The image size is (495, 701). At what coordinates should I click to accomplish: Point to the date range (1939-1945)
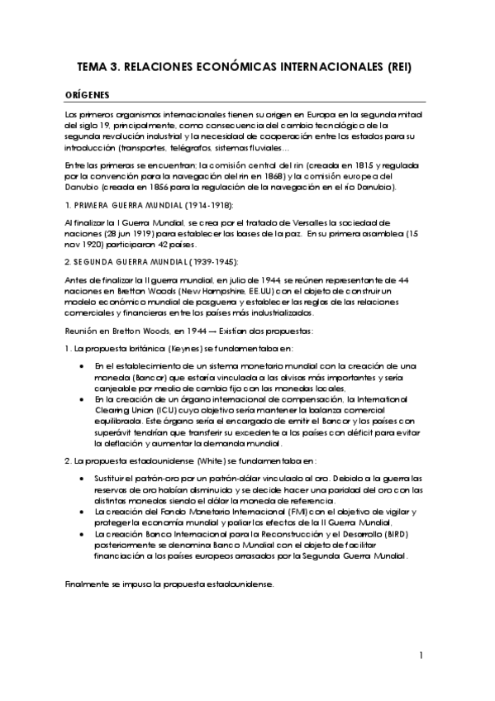coord(209,262)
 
